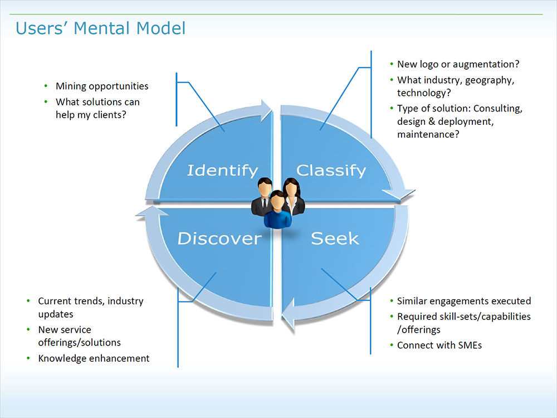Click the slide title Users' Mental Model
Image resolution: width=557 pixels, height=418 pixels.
[x=100, y=28]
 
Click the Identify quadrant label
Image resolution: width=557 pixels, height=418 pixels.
[x=222, y=170]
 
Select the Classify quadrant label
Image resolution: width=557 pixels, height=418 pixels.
[x=331, y=170]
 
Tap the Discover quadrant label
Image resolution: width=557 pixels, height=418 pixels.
[x=219, y=239]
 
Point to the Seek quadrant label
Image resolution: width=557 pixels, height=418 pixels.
[x=335, y=239]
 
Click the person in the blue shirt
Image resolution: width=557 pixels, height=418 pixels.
[x=278, y=211]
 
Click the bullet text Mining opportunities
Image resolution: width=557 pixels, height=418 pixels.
[x=102, y=86]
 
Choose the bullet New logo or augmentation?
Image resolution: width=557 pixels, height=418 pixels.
[x=458, y=65]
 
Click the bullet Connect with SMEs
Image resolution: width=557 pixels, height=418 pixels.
[x=439, y=346]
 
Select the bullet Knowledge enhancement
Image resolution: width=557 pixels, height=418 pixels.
[x=94, y=359]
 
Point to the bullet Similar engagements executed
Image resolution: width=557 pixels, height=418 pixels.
[x=463, y=302]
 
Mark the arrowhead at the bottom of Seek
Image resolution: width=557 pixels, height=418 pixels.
[x=289, y=320]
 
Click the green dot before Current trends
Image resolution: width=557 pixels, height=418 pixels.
[x=29, y=302]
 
